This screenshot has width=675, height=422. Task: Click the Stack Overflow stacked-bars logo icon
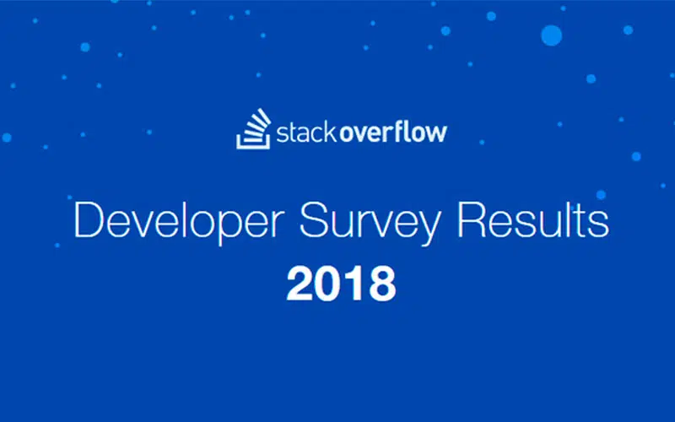[254, 129]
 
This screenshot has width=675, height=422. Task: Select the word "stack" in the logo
[306, 133]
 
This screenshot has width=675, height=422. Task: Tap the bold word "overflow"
[393, 132]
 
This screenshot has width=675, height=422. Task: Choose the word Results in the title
[533, 219]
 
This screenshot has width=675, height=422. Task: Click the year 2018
[341, 284]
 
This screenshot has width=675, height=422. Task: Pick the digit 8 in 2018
[382, 284]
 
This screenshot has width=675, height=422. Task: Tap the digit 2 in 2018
[300, 284]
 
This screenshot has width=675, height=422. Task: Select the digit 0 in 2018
[329, 284]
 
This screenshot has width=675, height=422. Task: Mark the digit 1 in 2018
[354, 284]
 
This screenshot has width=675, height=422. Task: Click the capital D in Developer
[89, 219]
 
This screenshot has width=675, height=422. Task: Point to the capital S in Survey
[312, 219]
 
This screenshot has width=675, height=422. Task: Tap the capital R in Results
[471, 219]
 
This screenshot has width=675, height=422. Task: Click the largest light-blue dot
[552, 35]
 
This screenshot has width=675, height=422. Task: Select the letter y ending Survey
[427, 228]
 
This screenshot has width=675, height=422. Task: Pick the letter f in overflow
[398, 132]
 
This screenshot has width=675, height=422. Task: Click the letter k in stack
[330, 133]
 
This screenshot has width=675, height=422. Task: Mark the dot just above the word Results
[601, 195]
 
